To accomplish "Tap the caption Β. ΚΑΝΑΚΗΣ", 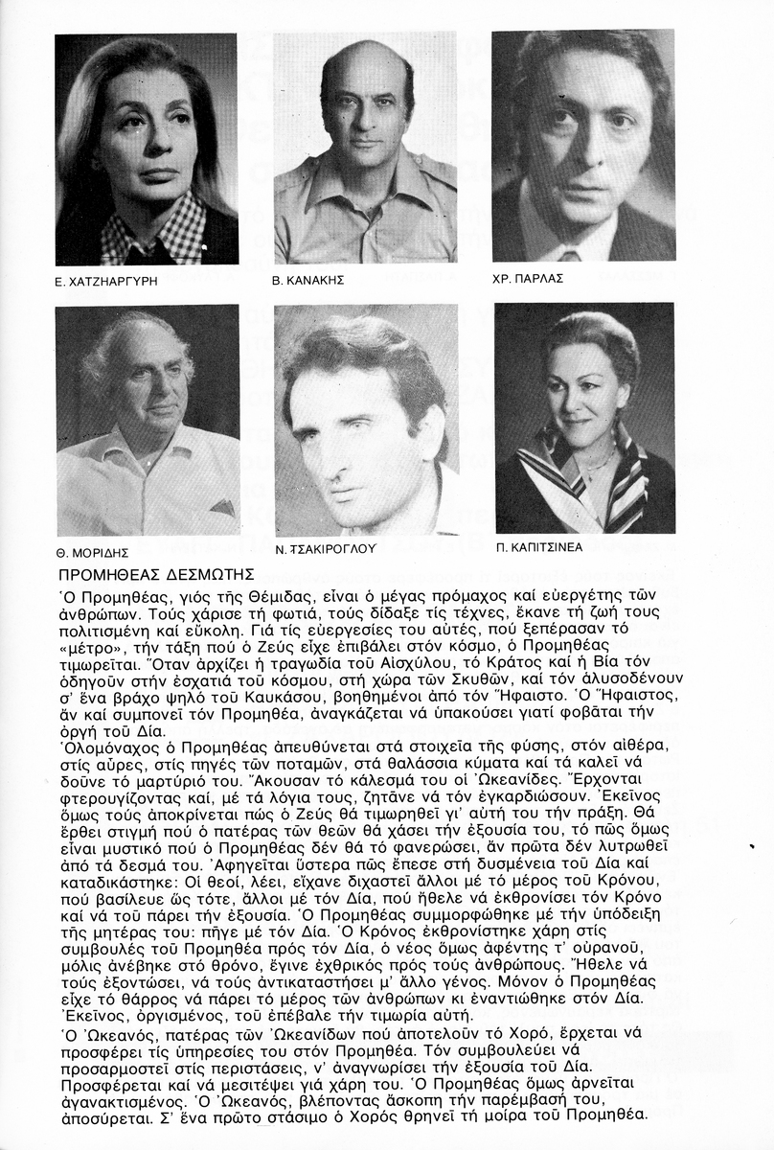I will coord(308,282).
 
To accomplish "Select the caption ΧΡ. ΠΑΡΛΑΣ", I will coord(529,278).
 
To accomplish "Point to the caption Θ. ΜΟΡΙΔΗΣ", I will coord(94,553).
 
